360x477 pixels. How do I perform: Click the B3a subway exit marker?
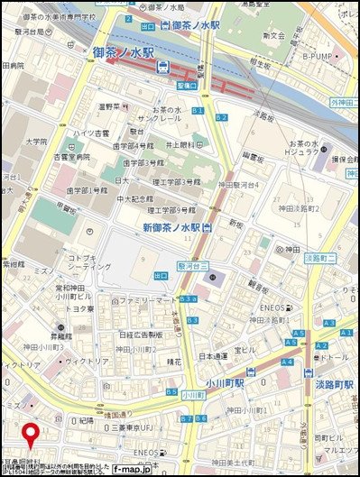point(188,298)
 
